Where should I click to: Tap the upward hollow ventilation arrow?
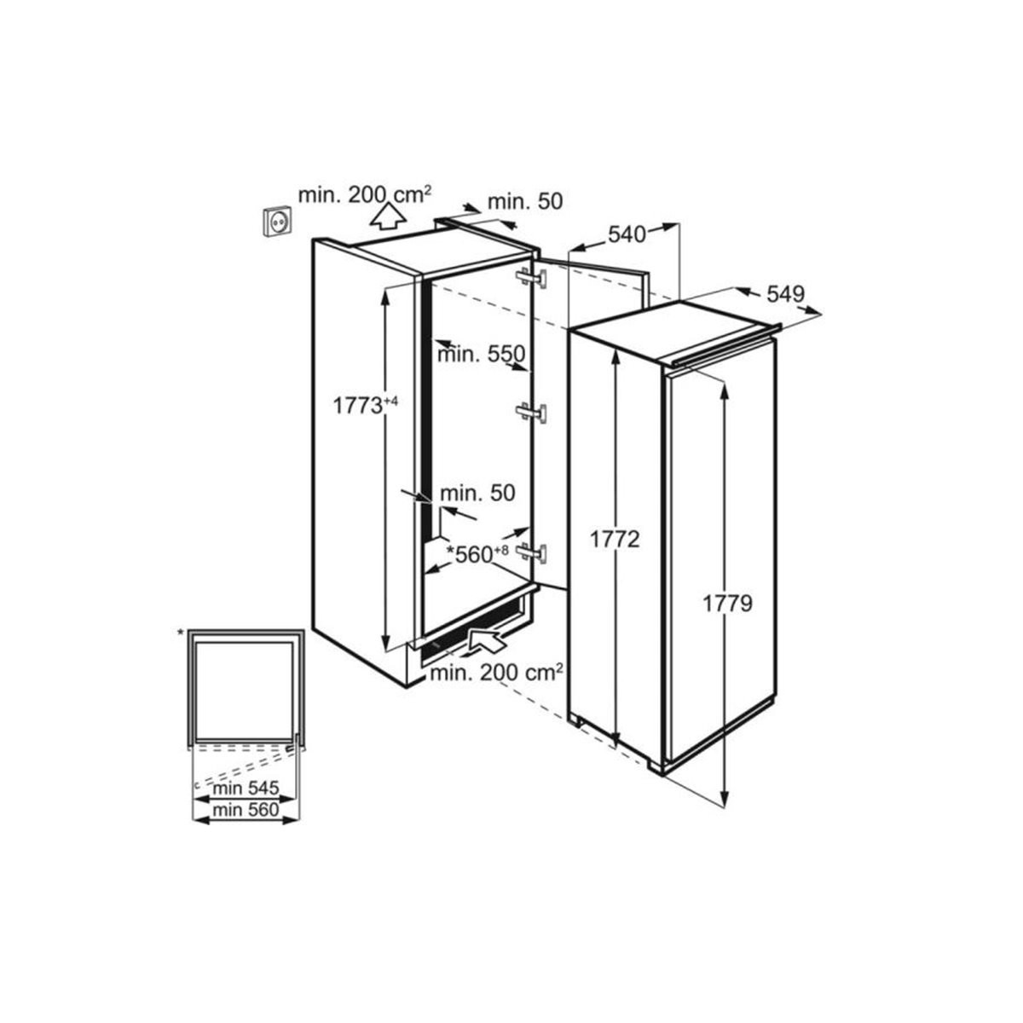point(388,217)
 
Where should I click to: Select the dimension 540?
point(627,234)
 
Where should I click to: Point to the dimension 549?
point(786,293)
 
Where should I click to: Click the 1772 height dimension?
point(616,540)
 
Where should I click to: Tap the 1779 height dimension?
point(727,604)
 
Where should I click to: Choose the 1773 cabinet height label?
point(364,405)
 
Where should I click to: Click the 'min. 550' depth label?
point(481,354)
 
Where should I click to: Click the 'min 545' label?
point(246,789)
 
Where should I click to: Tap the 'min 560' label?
point(246,809)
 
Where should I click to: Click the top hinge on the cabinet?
point(531,277)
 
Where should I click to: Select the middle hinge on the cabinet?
point(531,413)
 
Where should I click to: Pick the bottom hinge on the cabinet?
point(531,552)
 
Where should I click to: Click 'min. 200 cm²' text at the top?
point(365,194)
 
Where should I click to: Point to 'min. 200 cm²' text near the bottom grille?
point(496,673)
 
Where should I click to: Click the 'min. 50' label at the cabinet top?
point(525,202)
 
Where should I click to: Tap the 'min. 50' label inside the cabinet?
point(477,494)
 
